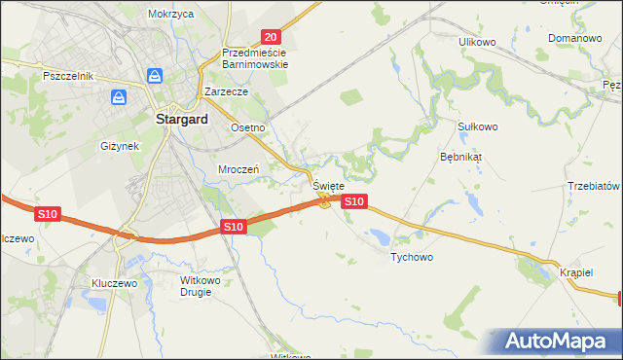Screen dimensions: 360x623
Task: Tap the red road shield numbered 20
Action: point(272,35)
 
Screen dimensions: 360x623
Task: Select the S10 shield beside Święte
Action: point(354,201)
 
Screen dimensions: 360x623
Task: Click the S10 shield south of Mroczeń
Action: point(232,227)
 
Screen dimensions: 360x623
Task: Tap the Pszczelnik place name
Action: point(67,76)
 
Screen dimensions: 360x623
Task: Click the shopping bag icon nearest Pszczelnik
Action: point(119,97)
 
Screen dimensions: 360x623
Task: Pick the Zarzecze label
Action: point(227,91)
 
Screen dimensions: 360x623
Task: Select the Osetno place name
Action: point(247,127)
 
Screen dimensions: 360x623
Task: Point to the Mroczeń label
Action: point(238,168)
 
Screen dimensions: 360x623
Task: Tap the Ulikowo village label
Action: point(478,42)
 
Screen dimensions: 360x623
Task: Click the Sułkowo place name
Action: point(477,126)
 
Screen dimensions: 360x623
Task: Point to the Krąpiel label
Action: point(576,272)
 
